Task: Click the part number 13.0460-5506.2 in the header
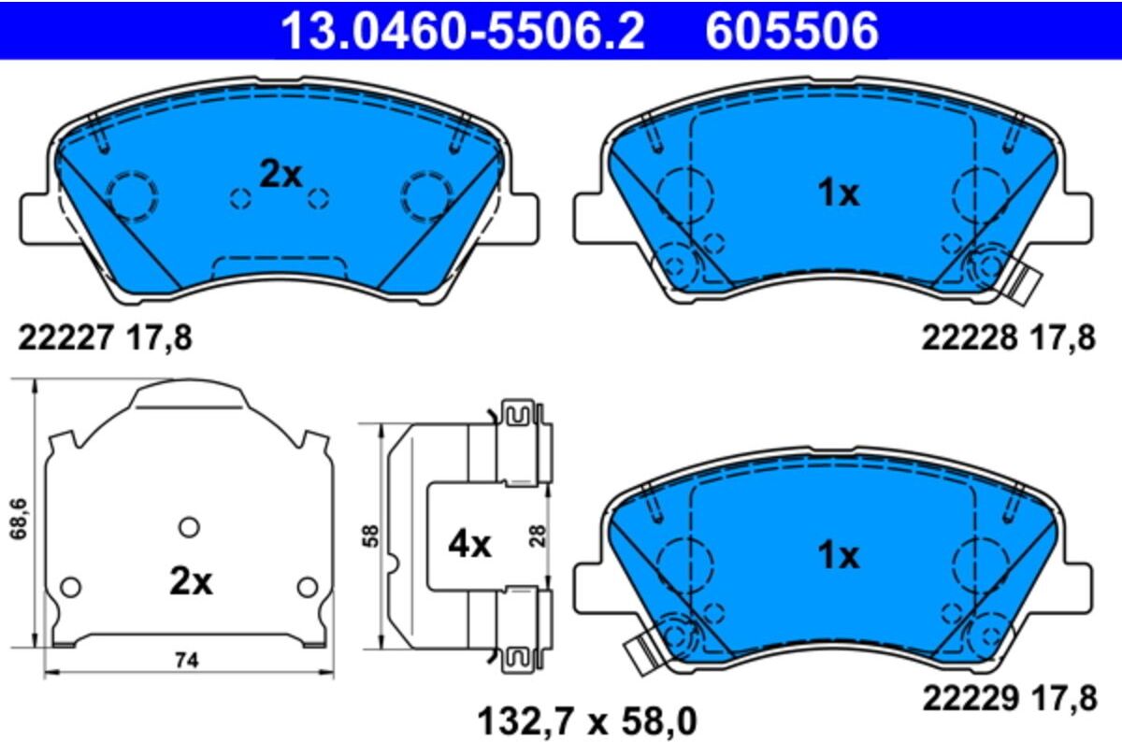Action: point(463,30)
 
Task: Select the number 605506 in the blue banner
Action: point(792,30)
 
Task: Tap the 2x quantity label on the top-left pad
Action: point(280,175)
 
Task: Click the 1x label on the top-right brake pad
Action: point(838,193)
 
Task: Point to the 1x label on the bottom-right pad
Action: point(838,556)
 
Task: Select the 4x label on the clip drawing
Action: point(469,545)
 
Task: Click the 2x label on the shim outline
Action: point(191,581)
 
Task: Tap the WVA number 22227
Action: point(65,337)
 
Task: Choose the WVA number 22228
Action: point(970,337)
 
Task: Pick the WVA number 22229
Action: point(971,698)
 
